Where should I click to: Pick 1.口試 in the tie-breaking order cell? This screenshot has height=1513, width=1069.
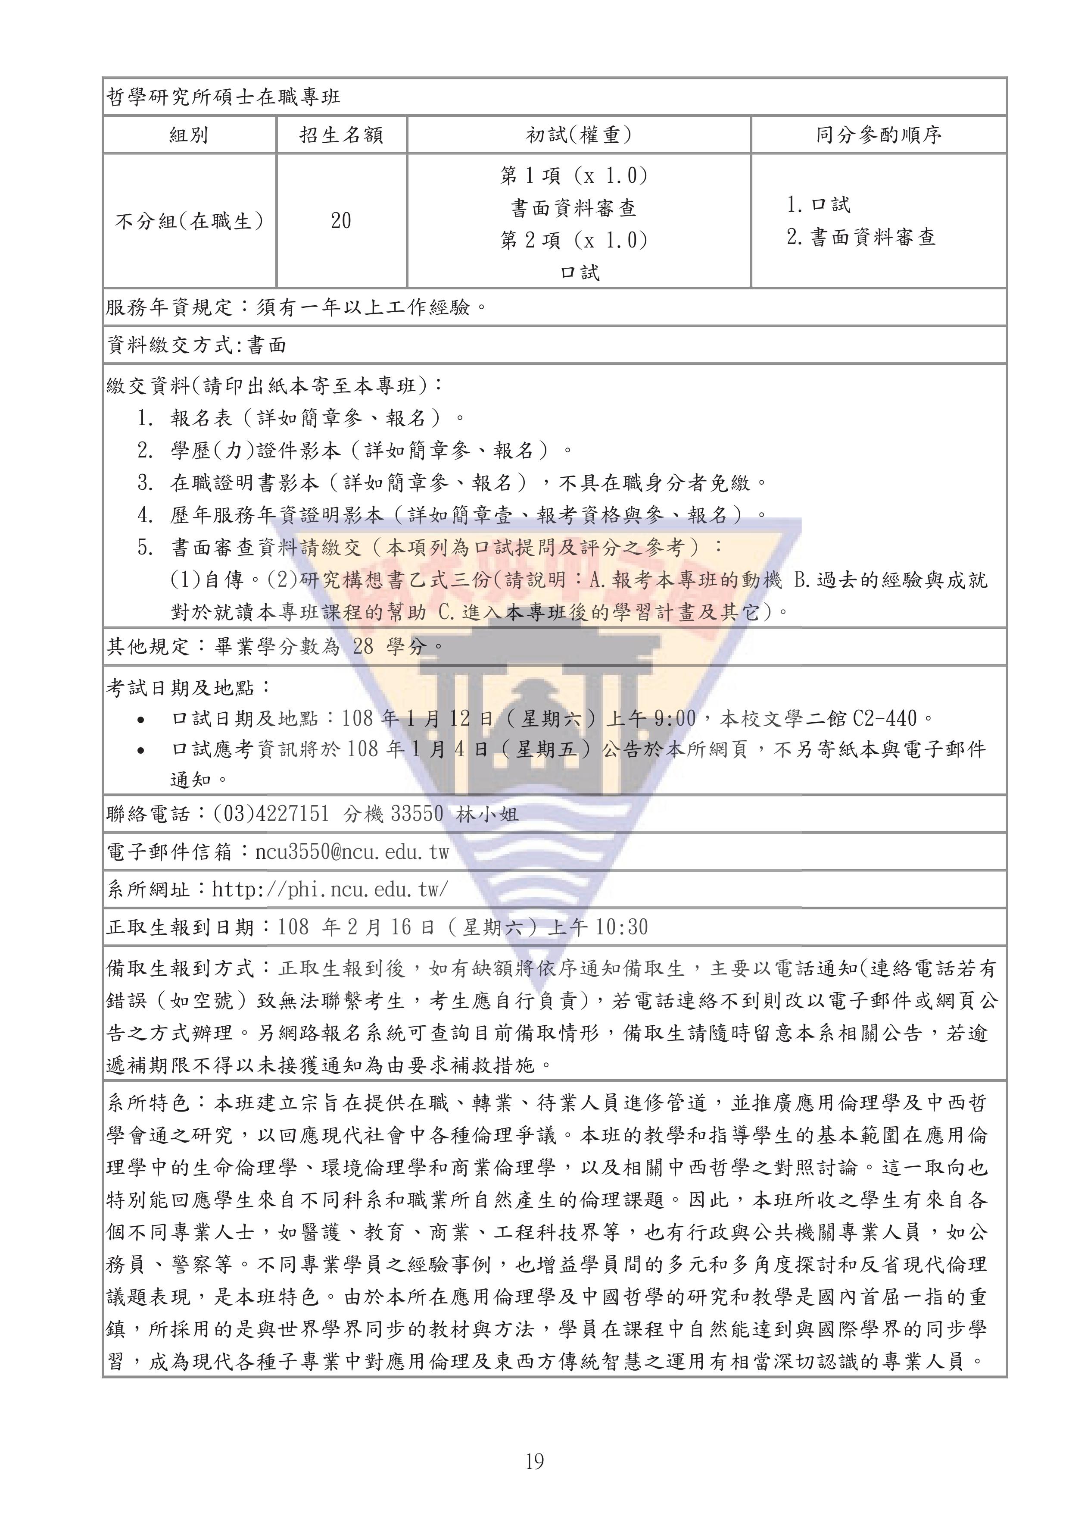pos(819,205)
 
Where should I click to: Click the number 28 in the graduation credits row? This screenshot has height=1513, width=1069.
pos(363,646)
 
